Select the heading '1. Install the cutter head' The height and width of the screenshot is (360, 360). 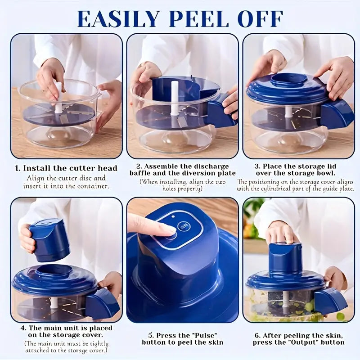[66, 168]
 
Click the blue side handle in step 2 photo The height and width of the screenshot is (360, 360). [221, 110]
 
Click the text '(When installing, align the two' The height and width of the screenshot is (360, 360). [182, 181]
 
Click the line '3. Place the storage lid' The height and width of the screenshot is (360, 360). [296, 166]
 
